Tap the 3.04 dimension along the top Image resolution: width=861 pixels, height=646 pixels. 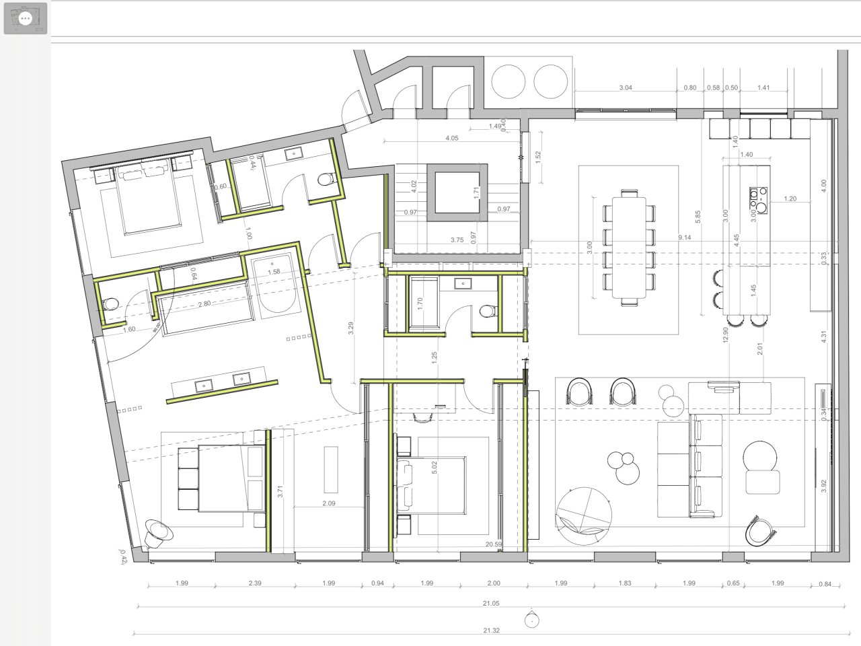pyautogui.click(x=625, y=87)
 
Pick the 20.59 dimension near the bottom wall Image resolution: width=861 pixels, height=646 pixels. pyautogui.click(x=494, y=544)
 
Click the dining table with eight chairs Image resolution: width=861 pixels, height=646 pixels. pyautogui.click(x=630, y=247)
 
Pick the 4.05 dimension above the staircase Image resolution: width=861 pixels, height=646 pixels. pyautogui.click(x=451, y=138)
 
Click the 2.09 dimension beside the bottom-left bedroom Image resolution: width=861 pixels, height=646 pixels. pyautogui.click(x=329, y=503)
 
